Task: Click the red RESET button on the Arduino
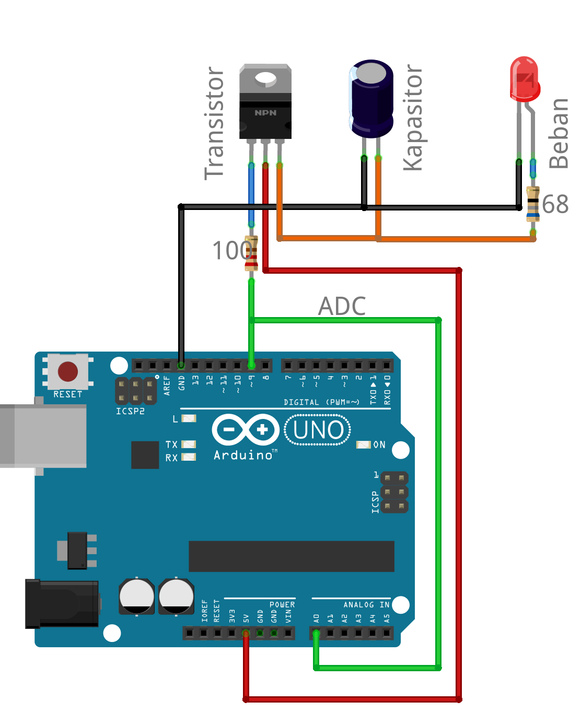click(x=68, y=372)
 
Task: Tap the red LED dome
click(x=525, y=78)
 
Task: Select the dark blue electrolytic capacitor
click(x=371, y=99)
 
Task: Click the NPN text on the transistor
click(x=265, y=113)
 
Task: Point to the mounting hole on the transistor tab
click(x=265, y=79)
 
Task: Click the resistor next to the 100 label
click(x=251, y=253)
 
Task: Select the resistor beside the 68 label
click(x=532, y=204)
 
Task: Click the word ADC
click(x=342, y=306)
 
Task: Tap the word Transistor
click(x=214, y=123)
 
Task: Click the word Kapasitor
click(x=413, y=118)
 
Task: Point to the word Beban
click(x=559, y=134)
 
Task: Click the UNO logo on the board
click(x=318, y=430)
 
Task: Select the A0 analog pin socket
click(x=316, y=633)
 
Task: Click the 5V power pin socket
click(x=246, y=633)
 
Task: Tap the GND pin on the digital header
click(x=181, y=365)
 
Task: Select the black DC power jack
click(x=62, y=603)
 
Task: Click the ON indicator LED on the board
click(x=363, y=445)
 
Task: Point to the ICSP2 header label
click(x=130, y=411)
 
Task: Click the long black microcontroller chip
click(x=291, y=556)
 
